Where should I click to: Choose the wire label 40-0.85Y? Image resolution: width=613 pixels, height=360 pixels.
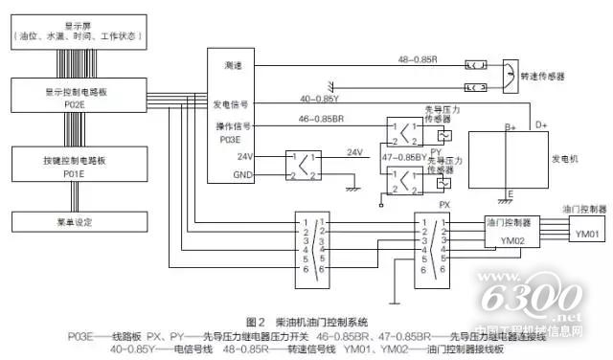click(x=319, y=99)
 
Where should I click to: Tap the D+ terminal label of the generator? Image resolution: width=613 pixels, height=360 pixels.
click(x=541, y=125)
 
